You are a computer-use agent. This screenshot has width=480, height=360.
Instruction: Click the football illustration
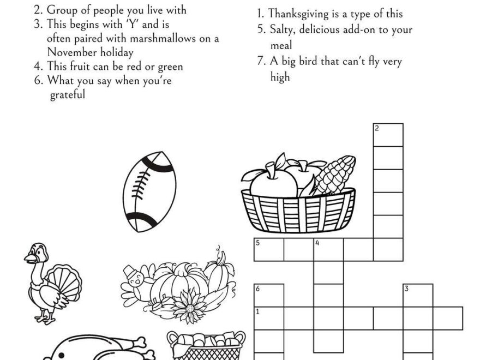click(x=149, y=191)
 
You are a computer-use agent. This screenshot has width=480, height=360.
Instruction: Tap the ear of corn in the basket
click(x=335, y=174)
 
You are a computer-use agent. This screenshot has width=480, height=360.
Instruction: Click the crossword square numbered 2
click(x=388, y=135)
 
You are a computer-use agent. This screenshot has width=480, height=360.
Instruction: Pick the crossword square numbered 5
click(x=269, y=250)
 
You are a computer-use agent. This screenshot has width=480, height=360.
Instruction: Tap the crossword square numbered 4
click(x=328, y=250)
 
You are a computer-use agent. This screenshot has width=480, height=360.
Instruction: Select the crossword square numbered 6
click(x=269, y=295)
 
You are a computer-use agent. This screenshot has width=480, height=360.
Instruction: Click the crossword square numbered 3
click(x=418, y=295)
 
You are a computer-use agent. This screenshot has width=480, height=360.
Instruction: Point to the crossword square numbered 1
click(x=269, y=318)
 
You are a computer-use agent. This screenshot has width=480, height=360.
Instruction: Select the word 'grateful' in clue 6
click(x=68, y=95)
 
